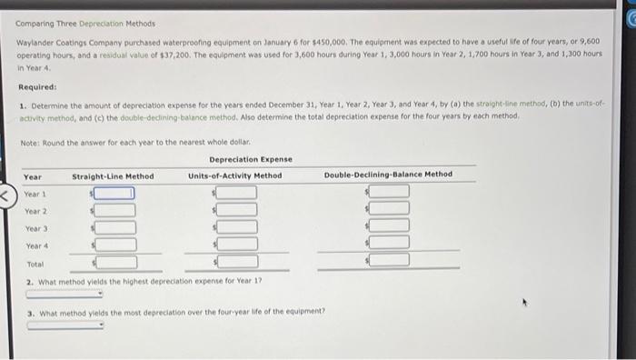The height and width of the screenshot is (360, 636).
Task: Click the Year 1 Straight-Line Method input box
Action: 115,193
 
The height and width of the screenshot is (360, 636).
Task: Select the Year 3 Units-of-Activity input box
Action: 236,226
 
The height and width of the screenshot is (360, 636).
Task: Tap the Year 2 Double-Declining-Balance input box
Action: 389,210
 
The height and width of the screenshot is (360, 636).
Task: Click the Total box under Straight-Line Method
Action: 115,262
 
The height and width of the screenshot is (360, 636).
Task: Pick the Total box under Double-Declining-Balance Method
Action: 389,261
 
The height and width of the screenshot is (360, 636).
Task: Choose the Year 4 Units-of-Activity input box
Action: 236,244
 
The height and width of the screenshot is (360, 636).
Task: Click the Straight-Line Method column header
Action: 113,175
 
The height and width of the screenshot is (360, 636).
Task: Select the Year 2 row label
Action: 36,211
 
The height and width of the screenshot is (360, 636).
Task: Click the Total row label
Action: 35,264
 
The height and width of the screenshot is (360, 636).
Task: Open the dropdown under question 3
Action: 64,325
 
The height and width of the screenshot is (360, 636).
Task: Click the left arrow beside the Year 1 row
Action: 5,194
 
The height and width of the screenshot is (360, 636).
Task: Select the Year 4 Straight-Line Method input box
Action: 115,245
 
